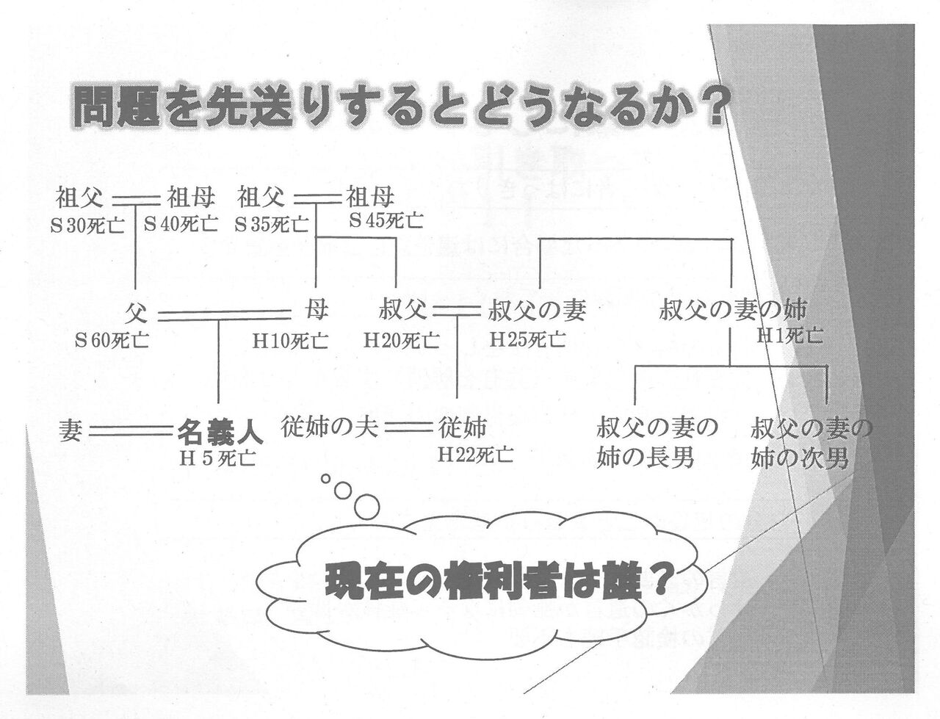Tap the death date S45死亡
pos(386,220)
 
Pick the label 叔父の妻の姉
pos(733,311)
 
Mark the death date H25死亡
pos(527,340)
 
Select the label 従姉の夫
pos(330,427)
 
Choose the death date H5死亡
pos(218,458)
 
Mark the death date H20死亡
pos(402,340)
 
